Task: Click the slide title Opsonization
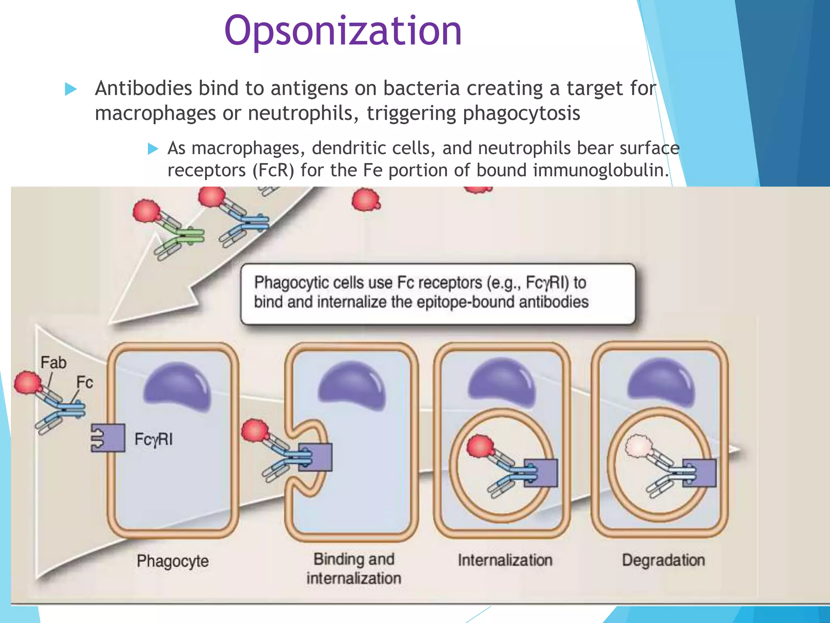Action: [x=343, y=31]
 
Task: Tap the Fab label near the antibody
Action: [x=53, y=363]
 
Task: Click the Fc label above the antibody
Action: [x=85, y=382]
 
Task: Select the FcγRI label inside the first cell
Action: [x=154, y=439]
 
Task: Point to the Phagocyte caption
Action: [x=173, y=561]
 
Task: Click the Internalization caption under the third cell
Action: [x=505, y=560]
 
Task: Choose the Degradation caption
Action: [x=663, y=560]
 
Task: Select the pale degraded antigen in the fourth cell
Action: [x=639, y=446]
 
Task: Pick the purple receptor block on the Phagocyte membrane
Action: [x=108, y=438]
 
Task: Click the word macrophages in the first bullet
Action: [x=155, y=113]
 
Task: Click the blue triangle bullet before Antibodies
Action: [x=71, y=89]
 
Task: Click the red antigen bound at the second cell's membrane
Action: [x=255, y=431]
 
